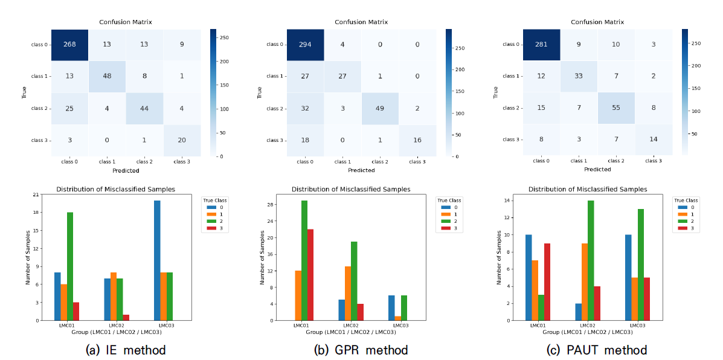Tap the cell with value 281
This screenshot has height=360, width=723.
(542, 44)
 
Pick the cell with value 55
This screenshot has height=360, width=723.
(616, 108)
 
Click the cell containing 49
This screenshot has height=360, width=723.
(380, 108)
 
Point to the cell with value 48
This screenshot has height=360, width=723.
(108, 76)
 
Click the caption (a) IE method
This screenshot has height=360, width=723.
(126, 350)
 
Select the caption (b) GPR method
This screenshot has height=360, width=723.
(361, 350)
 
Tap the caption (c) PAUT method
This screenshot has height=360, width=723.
(597, 350)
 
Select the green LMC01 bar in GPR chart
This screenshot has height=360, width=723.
(304, 260)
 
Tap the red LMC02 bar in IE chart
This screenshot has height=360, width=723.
(126, 317)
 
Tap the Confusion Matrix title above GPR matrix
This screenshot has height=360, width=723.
(361, 22)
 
